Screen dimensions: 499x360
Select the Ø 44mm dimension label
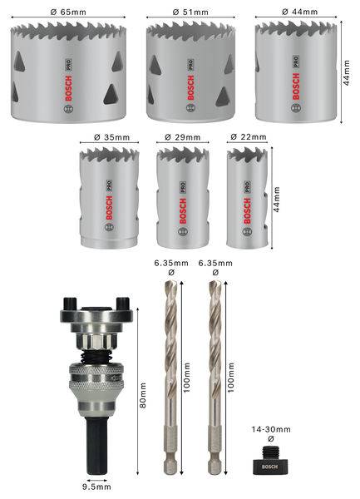(x=297, y=11)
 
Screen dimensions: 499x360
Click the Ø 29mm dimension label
(x=183, y=136)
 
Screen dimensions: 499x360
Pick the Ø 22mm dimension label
(x=248, y=136)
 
